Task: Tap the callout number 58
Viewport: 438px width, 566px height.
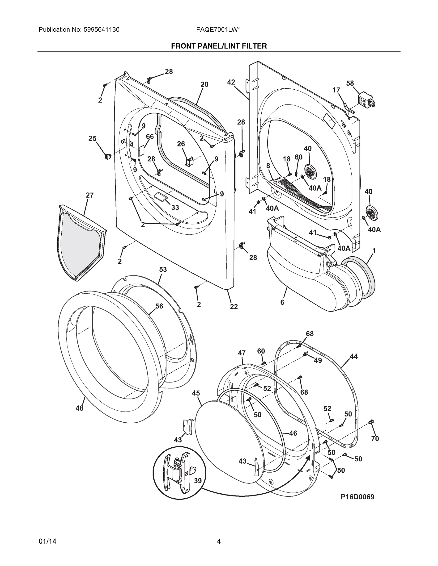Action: [350, 83]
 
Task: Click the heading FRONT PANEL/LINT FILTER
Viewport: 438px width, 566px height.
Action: [219, 46]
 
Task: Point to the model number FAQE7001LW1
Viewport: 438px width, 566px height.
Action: [219, 30]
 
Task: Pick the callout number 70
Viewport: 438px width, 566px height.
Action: [375, 439]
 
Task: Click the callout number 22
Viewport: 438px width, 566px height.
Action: [234, 307]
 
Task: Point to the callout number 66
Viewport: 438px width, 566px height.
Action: [150, 137]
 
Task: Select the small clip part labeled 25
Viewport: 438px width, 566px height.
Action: [108, 156]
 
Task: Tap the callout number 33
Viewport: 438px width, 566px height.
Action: [175, 207]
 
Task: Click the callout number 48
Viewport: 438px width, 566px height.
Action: [79, 408]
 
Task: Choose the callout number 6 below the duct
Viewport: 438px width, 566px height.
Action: [282, 302]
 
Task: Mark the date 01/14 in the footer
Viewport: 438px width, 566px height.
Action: [47, 541]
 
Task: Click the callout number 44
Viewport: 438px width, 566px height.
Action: [354, 357]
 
